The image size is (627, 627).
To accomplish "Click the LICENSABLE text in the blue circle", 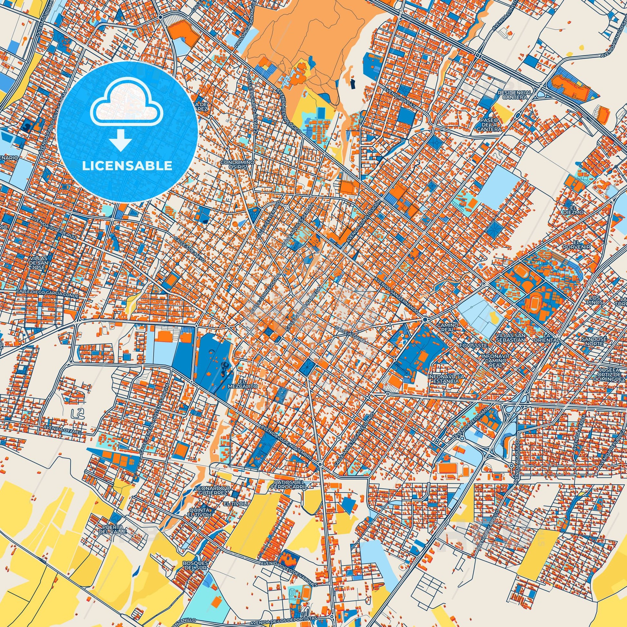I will [127, 166].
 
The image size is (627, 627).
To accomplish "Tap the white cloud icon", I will [128, 107].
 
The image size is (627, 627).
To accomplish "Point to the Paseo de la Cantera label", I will [489, 124].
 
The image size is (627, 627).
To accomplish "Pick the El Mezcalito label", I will [247, 384].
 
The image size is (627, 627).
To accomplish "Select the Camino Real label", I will [448, 327].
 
